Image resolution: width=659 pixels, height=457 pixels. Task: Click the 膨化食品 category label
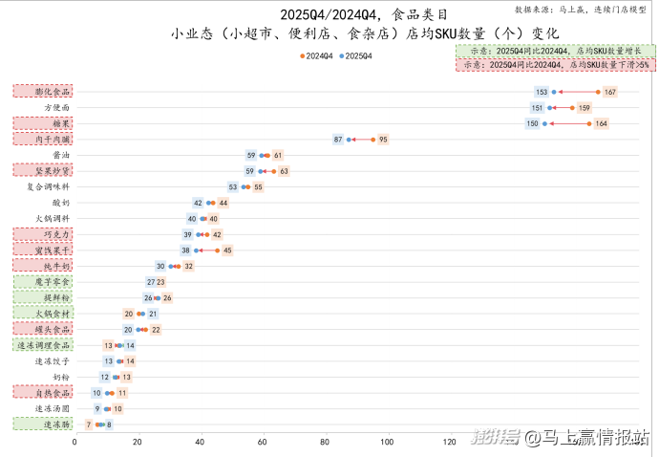(x=42, y=92)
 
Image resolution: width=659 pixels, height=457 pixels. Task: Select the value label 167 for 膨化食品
(x=610, y=92)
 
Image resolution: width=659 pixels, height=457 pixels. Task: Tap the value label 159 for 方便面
(x=585, y=108)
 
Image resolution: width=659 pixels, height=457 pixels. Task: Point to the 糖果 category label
(x=42, y=124)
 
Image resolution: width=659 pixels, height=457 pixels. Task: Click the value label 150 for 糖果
(x=532, y=124)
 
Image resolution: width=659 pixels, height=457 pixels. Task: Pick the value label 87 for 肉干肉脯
(x=338, y=140)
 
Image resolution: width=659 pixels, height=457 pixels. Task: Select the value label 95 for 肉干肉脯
(x=383, y=140)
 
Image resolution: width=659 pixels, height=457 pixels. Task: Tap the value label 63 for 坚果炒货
(x=284, y=171)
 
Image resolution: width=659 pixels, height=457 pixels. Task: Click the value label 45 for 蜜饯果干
(x=227, y=250)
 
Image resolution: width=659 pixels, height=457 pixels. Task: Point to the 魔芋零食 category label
(x=42, y=282)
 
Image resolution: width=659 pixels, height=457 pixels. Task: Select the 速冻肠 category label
(x=42, y=424)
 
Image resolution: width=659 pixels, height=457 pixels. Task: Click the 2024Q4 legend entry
(x=316, y=56)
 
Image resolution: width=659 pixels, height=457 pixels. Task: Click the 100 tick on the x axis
(x=388, y=442)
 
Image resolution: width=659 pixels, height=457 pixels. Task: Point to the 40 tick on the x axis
(x=201, y=442)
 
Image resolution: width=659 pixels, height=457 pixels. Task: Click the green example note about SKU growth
(x=555, y=50)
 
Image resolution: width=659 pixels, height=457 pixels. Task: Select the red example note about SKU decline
(x=555, y=64)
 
